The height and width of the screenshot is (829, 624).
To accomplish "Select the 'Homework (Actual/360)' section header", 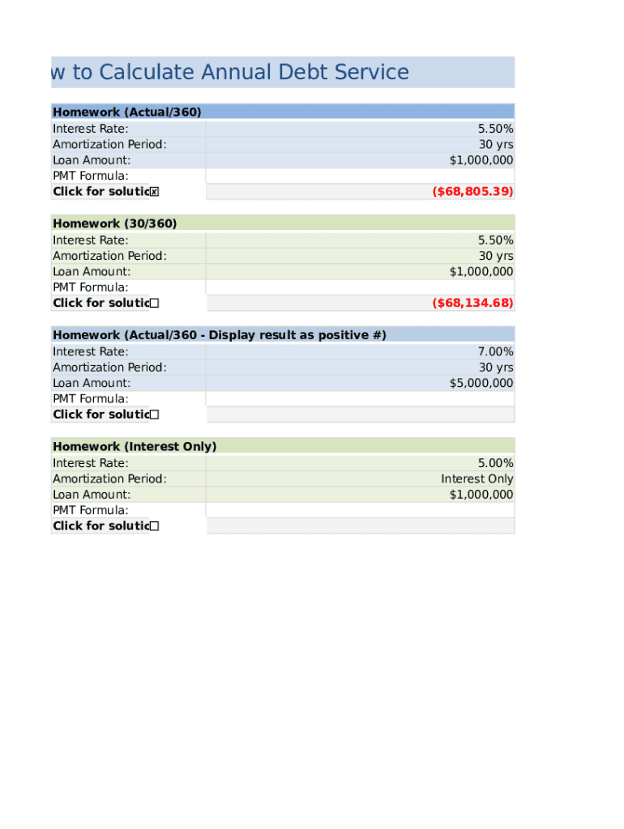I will click(127, 112).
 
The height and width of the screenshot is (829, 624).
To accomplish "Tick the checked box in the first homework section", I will click(154, 192).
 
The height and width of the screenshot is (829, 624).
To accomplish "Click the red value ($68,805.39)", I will click(472, 192).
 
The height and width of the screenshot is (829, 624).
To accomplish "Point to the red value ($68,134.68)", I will click(472, 303).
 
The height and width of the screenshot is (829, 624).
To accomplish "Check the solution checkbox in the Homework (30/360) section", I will click(154, 304).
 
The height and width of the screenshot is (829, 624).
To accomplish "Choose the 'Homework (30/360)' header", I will click(115, 223).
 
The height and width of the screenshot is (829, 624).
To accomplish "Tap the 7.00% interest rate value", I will click(495, 351).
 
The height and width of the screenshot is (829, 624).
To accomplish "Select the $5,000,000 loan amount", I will click(481, 383).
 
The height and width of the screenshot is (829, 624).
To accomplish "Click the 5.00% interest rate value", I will click(495, 463).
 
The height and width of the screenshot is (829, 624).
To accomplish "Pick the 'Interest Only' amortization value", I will click(477, 478).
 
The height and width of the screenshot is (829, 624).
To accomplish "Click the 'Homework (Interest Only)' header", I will click(135, 446).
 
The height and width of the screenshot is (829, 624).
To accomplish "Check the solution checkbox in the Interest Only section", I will click(154, 526).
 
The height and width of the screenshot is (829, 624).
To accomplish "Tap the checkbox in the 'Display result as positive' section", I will click(154, 414).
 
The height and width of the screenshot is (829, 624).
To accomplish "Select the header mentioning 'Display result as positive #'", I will click(220, 334).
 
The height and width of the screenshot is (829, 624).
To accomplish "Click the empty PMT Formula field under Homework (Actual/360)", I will click(360, 176).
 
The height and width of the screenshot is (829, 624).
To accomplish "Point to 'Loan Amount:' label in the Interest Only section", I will click(92, 495).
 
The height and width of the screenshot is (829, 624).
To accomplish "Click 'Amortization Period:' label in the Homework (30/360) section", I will click(109, 256).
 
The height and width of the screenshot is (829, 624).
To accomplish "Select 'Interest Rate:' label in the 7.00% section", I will click(91, 351).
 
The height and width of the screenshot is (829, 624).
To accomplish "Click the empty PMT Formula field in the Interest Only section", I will click(360, 510).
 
